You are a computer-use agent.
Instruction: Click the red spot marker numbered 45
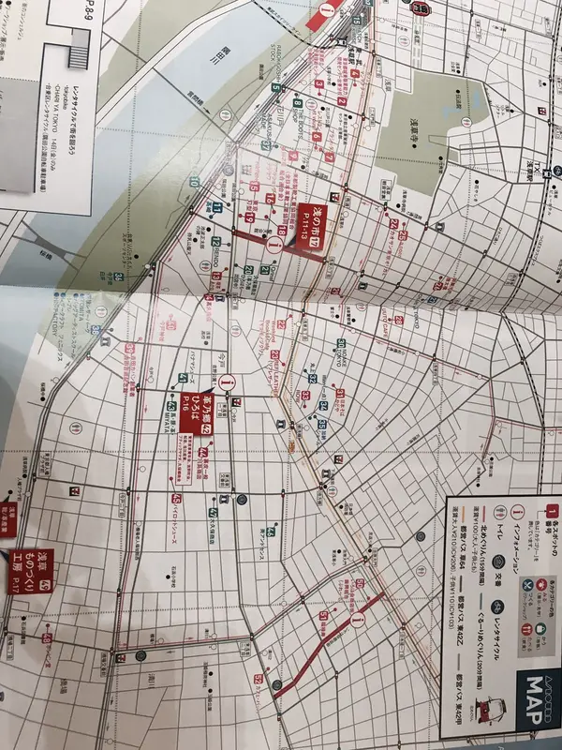[x=176, y=500]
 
